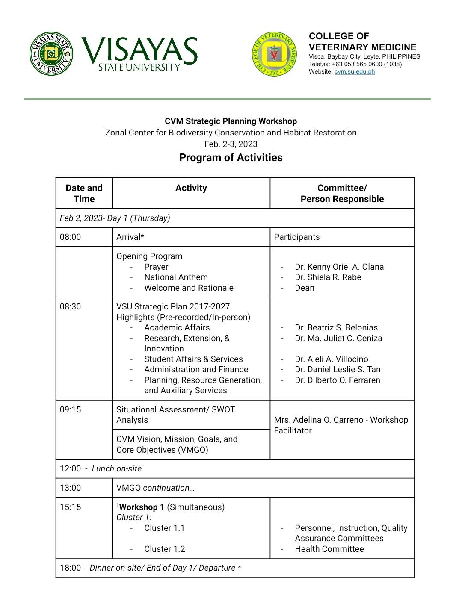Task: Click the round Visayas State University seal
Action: (51, 54)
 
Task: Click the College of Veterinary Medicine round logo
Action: (274, 54)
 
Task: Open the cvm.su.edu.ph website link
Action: (354, 71)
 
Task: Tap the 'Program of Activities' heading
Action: (231, 158)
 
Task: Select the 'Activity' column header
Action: (191, 188)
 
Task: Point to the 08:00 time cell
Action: (71, 237)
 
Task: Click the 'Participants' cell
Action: (296, 237)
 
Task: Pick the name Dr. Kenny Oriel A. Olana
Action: (339, 267)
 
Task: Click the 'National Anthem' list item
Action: (176, 277)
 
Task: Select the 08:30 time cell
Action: (71, 307)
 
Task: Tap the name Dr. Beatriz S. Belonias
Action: (336, 328)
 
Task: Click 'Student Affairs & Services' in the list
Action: (193, 359)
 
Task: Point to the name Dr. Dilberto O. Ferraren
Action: (337, 380)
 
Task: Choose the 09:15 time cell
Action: (71, 409)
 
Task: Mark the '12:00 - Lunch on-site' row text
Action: (101, 469)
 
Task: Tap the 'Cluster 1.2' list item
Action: (164, 549)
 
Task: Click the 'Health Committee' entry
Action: (329, 549)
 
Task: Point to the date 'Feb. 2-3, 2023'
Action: (231, 144)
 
